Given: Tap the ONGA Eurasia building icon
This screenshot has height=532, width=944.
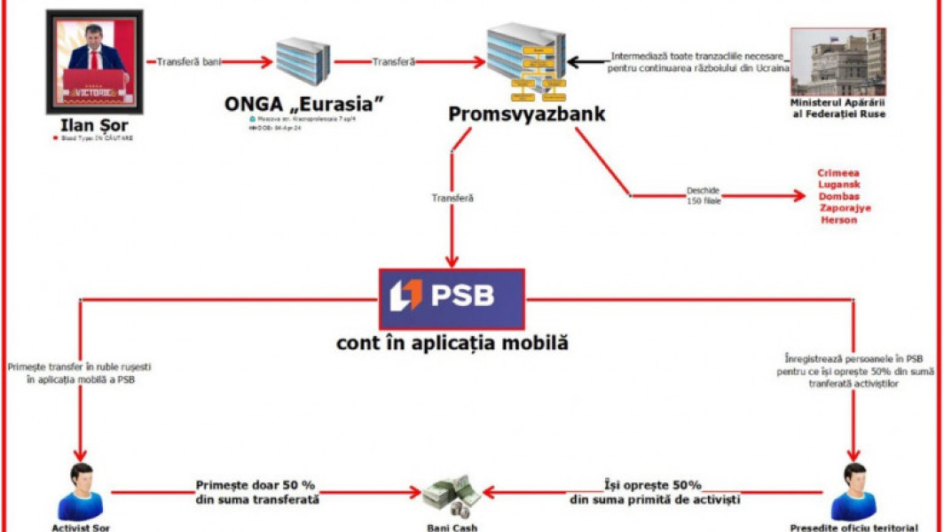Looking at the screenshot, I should click(x=303, y=62).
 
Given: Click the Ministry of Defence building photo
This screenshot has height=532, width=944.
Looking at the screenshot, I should click(x=838, y=62).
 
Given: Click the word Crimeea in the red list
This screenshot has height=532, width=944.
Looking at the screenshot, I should click(x=838, y=173).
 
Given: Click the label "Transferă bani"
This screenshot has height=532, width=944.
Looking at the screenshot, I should click(x=188, y=62).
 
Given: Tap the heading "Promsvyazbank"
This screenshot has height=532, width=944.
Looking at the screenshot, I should click(x=526, y=113).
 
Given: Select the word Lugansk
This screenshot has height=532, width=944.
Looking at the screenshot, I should click(x=838, y=184).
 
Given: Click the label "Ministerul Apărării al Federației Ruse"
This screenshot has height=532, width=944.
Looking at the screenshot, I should click(x=838, y=108).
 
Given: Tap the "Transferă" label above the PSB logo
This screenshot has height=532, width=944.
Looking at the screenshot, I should click(x=452, y=199).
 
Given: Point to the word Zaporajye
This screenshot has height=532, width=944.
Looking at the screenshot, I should click(x=846, y=207).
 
